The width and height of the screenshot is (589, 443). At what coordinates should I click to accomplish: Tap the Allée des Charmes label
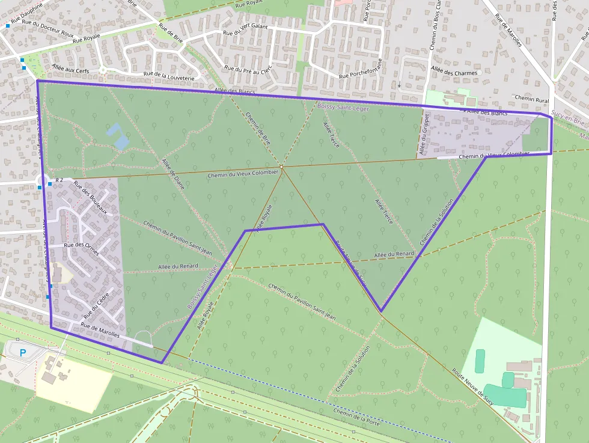(x=454, y=73)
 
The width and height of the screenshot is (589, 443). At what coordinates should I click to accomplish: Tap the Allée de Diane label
(x=173, y=174)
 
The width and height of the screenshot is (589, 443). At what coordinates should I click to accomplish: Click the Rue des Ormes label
(x=81, y=245)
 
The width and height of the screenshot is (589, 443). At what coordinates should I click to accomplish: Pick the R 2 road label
(x=59, y=180)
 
